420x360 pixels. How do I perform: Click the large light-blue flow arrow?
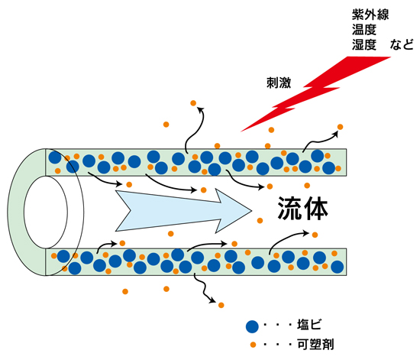pyautogui.click(x=183, y=211)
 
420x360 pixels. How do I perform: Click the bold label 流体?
pyautogui.click(x=303, y=208)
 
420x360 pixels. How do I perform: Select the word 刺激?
pyautogui.click(x=279, y=83)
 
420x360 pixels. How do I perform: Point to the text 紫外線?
pyautogui.click(x=370, y=15)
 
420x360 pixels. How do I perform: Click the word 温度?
pyautogui.click(x=364, y=30)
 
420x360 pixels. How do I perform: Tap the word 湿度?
pyautogui.click(x=364, y=44)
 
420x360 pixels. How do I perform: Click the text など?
pyautogui.click(x=402, y=44)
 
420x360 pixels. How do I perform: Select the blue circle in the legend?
pyautogui.click(x=252, y=326)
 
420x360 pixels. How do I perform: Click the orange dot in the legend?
pyautogui.click(x=253, y=345)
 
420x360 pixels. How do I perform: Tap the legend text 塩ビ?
pyautogui.click(x=309, y=325)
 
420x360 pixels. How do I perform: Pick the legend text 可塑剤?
pyautogui.click(x=315, y=344)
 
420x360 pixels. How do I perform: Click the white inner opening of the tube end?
pyautogui.click(x=46, y=212)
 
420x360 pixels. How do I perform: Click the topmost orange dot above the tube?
pyautogui.click(x=193, y=103)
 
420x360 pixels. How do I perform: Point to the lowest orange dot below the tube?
pyautogui.click(x=221, y=305)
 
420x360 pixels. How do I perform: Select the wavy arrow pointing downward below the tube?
pyautogui.click(x=205, y=290)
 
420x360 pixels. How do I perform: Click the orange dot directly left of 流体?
pyautogui.click(x=260, y=221)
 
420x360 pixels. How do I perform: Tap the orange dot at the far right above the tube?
pyautogui.click(x=340, y=127)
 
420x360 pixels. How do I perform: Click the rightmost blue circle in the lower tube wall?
pyautogui.click(x=338, y=267)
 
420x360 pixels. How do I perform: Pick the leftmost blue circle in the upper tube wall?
pyautogui.click(x=55, y=157)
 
